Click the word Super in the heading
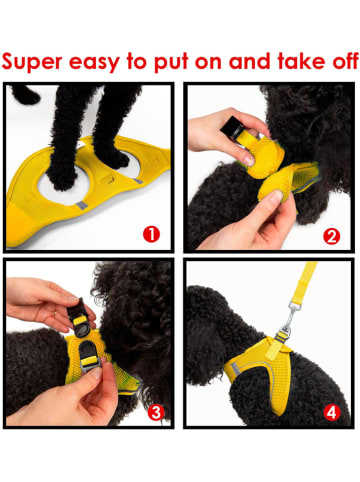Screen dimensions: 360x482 pos(32,62)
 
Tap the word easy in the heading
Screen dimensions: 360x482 pos(94,63)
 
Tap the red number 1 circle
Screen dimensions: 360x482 pos(151,234)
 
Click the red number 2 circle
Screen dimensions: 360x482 pos(332,236)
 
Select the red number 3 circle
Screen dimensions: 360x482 pos(156,413)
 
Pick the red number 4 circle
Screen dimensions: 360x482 pos(331,413)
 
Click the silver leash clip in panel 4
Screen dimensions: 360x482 pos(286,320)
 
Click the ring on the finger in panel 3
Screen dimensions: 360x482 pos(55,314)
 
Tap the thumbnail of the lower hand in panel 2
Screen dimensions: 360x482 pos(275,197)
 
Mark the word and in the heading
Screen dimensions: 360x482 pos(250,61)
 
